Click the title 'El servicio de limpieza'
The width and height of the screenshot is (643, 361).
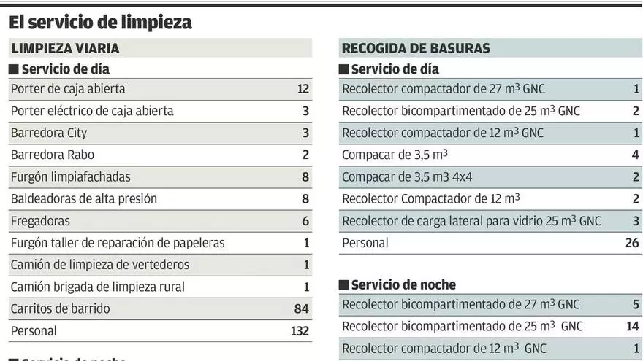(100, 23)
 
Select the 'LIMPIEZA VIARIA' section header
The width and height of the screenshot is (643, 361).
(65, 49)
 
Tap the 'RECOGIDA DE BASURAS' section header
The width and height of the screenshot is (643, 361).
(416, 49)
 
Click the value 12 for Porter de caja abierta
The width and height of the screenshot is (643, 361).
(303, 89)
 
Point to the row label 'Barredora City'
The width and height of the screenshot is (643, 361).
(49, 133)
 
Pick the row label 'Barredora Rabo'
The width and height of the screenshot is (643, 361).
(53, 155)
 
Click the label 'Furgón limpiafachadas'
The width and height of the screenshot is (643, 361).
(71, 176)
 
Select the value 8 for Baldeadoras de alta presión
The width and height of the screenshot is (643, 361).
(306, 198)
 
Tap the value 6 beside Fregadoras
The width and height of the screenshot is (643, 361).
(306, 220)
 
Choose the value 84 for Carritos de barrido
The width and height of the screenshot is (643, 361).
(302, 308)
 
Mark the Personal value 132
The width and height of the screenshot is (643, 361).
(300, 330)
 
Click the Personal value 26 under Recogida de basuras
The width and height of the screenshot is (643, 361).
(632, 243)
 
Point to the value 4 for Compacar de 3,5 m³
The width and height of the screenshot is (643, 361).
(636, 155)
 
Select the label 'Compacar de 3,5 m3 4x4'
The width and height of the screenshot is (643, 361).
(406, 176)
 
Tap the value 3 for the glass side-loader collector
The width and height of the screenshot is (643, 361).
(636, 220)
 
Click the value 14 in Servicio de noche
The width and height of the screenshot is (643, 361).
(633, 326)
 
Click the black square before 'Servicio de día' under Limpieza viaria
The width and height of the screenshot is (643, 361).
(14, 70)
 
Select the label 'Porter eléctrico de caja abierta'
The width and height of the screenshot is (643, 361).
(92, 111)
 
